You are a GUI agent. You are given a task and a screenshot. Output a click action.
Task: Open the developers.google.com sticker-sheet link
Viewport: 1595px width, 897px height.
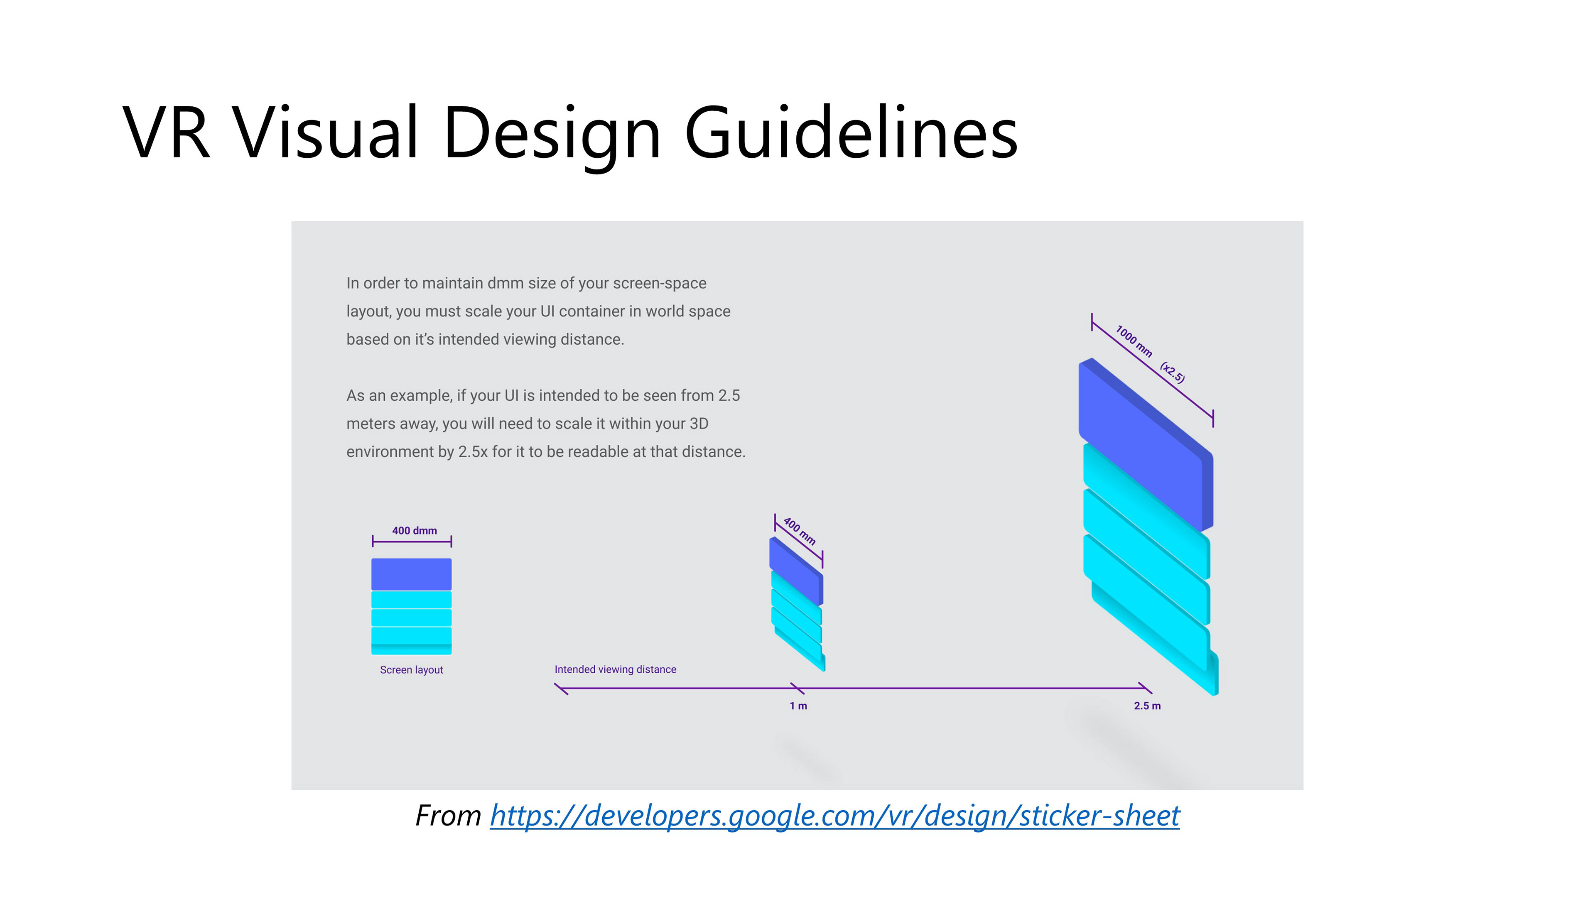(x=834, y=816)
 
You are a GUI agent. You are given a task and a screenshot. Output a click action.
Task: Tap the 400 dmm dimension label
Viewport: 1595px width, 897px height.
(x=414, y=531)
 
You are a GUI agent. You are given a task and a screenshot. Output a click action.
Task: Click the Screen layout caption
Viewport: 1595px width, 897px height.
(x=412, y=670)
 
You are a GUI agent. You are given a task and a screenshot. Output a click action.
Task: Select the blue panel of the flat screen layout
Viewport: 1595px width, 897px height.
(x=411, y=574)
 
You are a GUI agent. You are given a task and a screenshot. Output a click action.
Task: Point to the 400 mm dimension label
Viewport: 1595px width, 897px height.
(x=799, y=531)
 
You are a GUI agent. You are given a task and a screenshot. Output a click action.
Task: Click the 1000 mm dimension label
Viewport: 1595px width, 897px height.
(x=1134, y=341)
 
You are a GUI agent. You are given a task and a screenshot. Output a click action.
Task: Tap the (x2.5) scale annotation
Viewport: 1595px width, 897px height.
(x=1172, y=373)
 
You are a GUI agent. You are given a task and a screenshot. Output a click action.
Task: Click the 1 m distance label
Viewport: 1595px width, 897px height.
(x=798, y=706)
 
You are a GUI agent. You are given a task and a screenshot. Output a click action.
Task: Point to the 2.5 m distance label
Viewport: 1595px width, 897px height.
(x=1147, y=706)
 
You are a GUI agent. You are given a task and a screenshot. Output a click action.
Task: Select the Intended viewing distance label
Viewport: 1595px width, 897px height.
(x=616, y=669)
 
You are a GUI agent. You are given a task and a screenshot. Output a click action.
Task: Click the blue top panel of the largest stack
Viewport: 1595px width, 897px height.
(x=1146, y=444)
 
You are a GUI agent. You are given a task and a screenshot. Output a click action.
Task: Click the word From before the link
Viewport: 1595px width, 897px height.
(x=448, y=816)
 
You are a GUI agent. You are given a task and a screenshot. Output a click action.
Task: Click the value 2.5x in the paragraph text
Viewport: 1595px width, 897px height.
(x=473, y=452)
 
